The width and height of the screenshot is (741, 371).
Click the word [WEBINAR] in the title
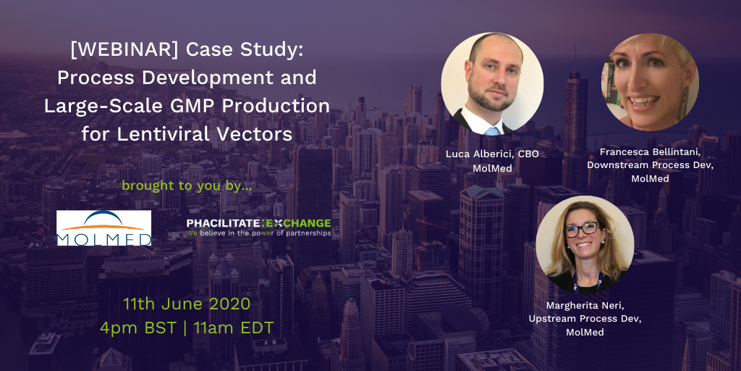(x=124, y=50)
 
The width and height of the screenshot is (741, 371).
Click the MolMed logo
(x=104, y=228)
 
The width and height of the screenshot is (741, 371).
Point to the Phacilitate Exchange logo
(x=258, y=227)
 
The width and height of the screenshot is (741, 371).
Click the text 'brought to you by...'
(x=187, y=185)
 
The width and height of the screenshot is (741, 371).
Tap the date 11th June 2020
(x=187, y=304)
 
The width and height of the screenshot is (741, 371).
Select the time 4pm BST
(x=137, y=328)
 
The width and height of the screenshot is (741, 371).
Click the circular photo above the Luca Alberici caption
(x=492, y=84)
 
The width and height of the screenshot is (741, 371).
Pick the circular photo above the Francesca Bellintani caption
(x=650, y=82)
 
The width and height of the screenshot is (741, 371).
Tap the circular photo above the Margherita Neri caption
(x=585, y=245)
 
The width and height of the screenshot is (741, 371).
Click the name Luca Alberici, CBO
(x=492, y=155)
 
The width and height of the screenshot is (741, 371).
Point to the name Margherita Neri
(x=585, y=306)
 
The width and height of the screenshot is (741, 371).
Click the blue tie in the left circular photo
(x=491, y=130)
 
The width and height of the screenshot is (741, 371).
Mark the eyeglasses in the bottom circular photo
(x=581, y=229)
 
